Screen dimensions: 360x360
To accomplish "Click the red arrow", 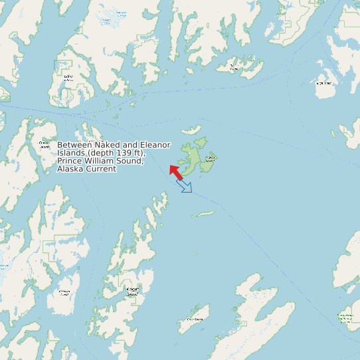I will (175, 171).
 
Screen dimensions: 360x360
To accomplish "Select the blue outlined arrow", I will (185, 186).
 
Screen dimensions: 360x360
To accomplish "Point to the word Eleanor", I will (155, 145).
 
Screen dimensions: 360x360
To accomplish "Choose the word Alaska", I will (70, 169).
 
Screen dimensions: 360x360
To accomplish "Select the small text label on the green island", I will (210, 159).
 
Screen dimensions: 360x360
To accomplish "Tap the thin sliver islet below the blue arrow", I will (204, 215).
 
